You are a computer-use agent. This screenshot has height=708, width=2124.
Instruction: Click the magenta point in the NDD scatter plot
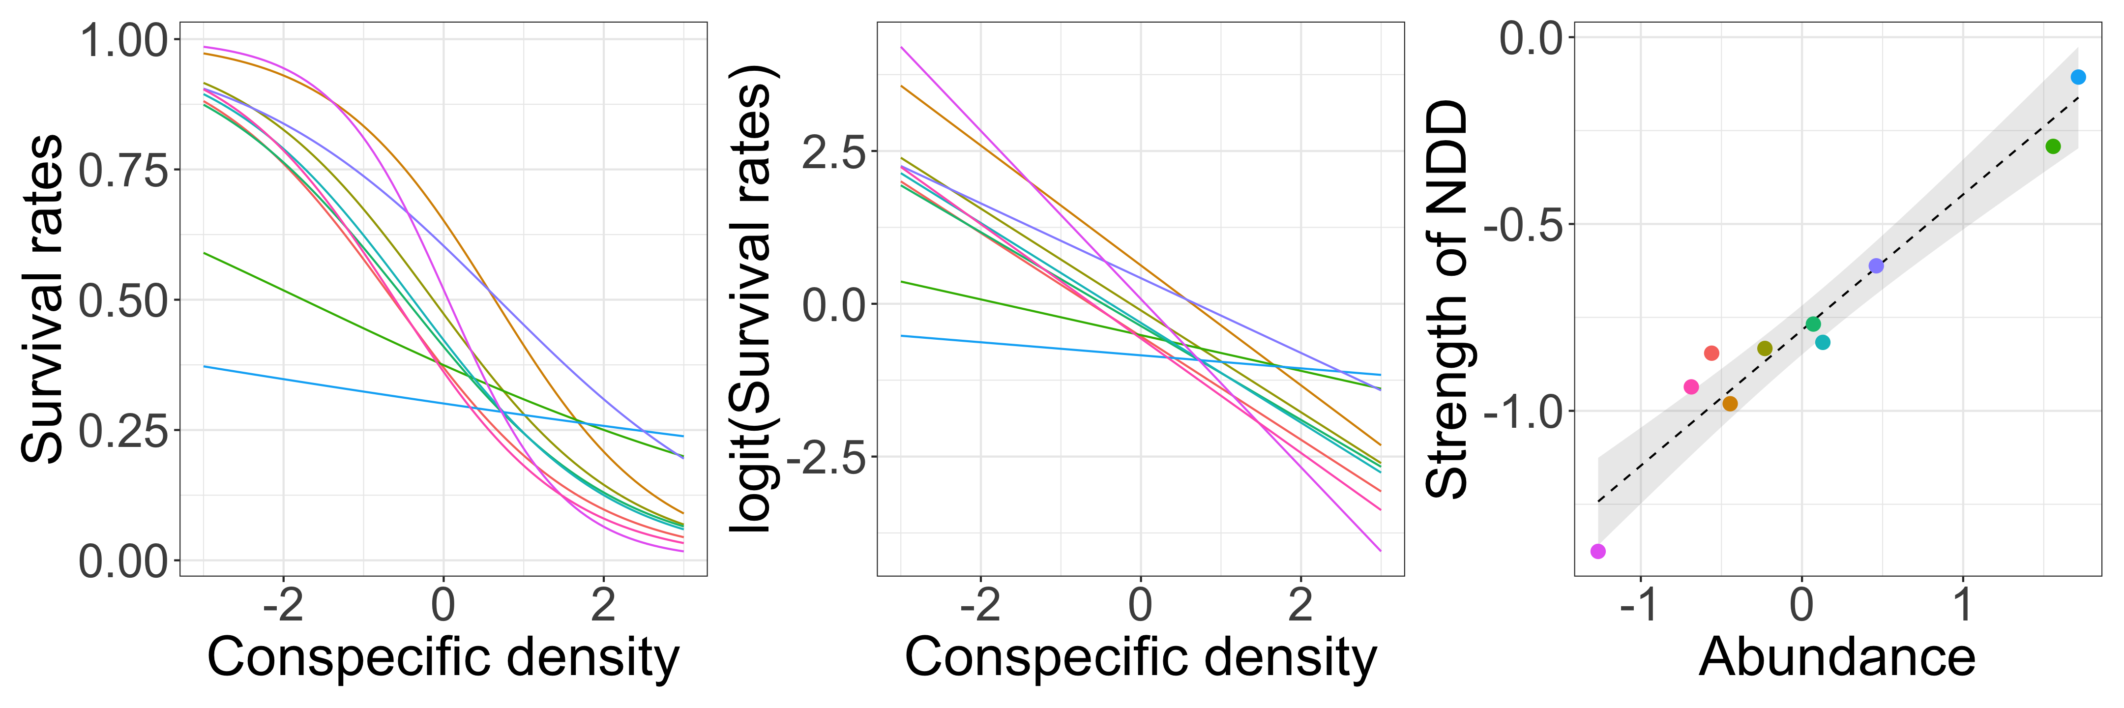pyautogui.click(x=1598, y=551)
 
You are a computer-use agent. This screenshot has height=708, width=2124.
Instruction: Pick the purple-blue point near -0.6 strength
pyautogui.click(x=1876, y=265)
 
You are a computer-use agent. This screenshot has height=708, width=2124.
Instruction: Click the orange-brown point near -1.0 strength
pyautogui.click(x=1730, y=404)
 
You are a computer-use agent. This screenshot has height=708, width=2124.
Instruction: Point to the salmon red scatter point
pyautogui.click(x=1711, y=353)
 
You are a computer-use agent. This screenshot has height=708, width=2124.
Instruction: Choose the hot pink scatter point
pyautogui.click(x=1691, y=386)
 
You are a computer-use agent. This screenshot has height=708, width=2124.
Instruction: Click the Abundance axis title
pyautogui.click(x=1837, y=658)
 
